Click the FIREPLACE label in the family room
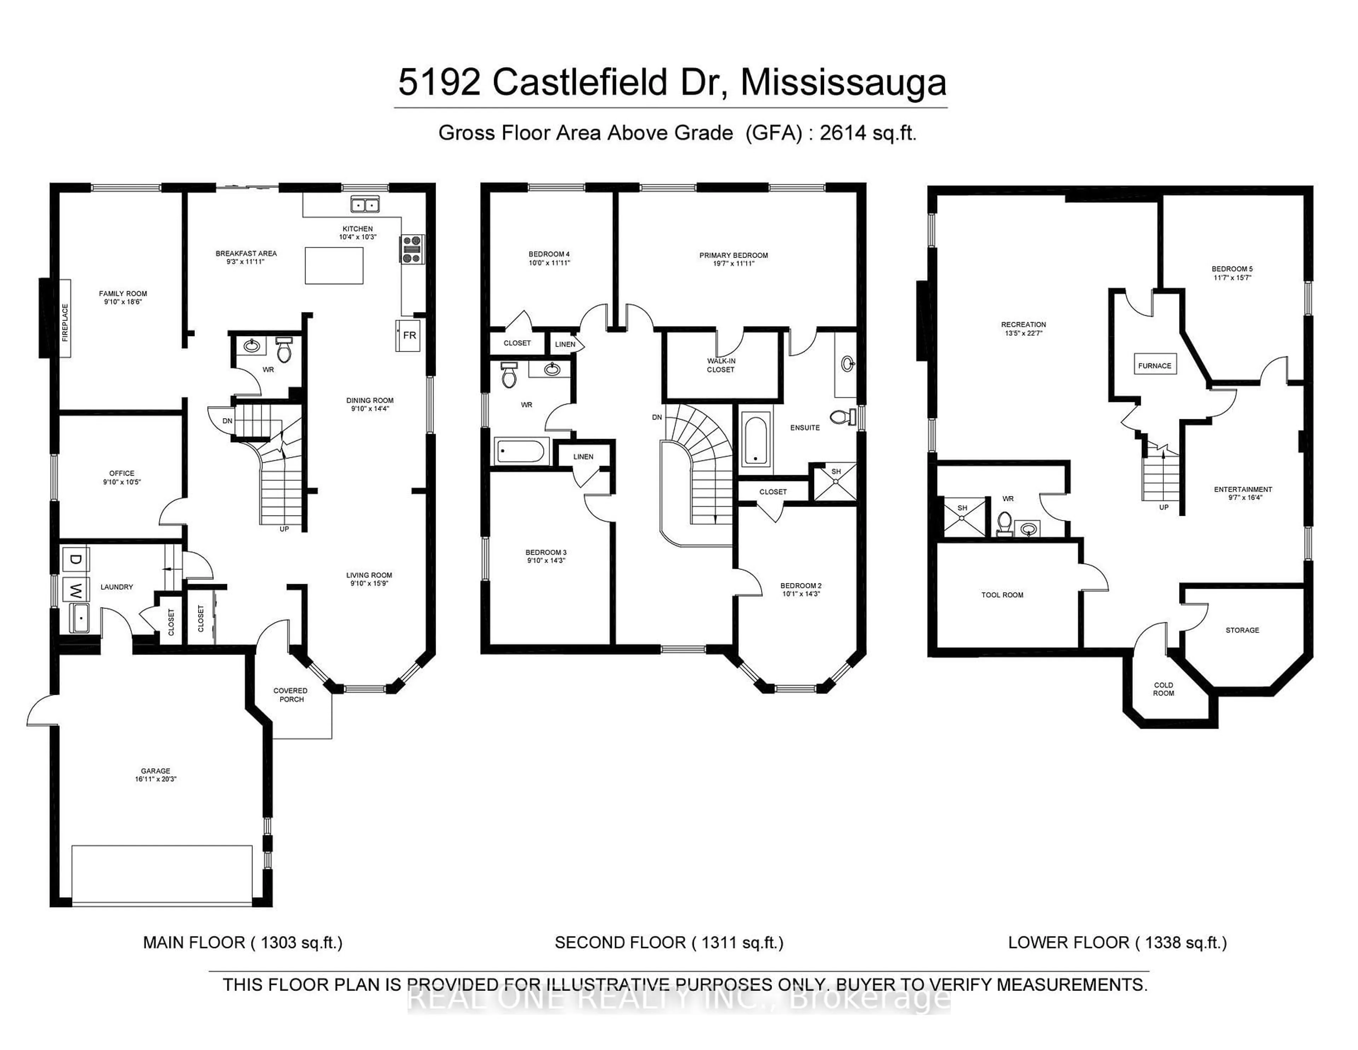65,318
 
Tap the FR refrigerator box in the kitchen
408,335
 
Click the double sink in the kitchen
365,204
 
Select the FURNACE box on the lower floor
1154,366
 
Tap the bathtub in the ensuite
755,440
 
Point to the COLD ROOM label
1163,689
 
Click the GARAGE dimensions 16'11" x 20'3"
156,779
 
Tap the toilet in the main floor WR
284,350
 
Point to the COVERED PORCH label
290,695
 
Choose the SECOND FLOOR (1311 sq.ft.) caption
668,943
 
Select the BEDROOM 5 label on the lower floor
1232,273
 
